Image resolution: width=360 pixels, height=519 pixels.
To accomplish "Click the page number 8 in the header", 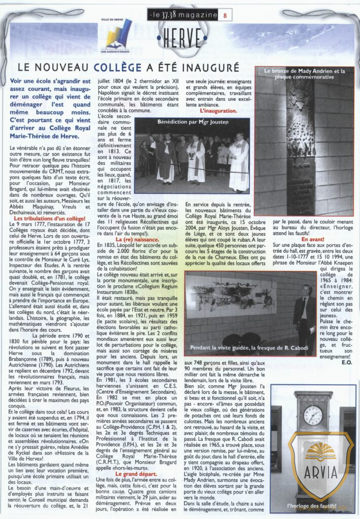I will [225, 16].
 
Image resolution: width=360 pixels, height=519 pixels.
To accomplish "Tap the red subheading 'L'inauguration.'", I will [218, 110].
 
